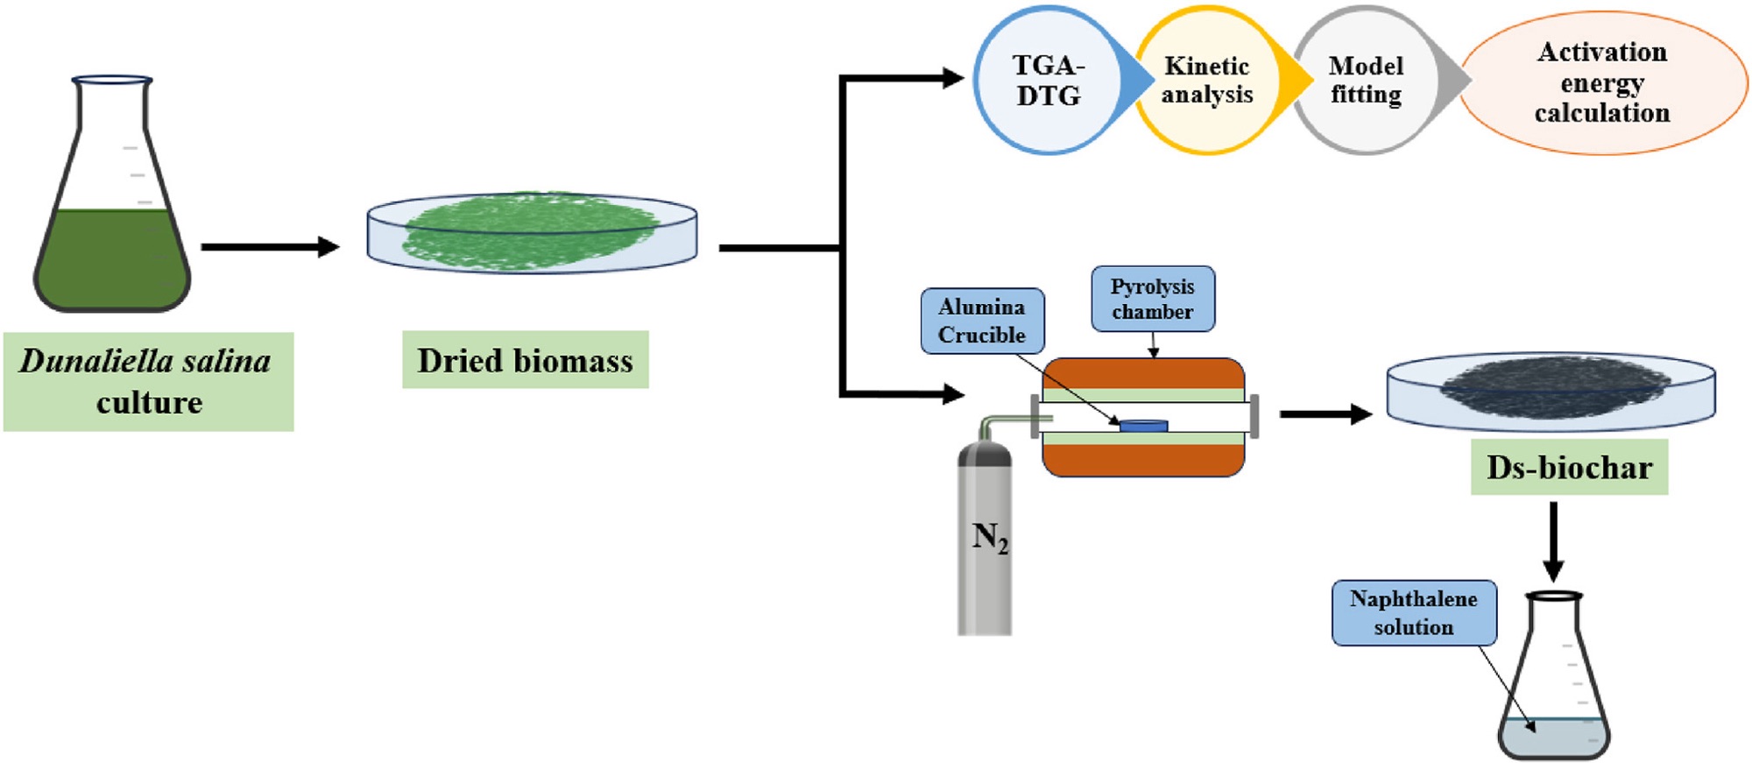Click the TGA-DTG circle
click(x=1048, y=81)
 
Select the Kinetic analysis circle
click(x=1206, y=81)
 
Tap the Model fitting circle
click(x=1365, y=81)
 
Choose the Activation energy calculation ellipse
click(x=1602, y=83)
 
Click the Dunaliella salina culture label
click(x=148, y=381)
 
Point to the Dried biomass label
click(x=525, y=360)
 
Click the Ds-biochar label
click(x=1569, y=468)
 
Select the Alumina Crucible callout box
click(x=982, y=321)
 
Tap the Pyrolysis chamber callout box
click(x=1153, y=299)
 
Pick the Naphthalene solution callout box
click(x=1413, y=612)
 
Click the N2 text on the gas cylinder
click(x=990, y=537)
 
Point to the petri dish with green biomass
click(x=532, y=232)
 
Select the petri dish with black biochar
click(x=1551, y=390)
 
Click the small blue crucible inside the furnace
click(x=1143, y=426)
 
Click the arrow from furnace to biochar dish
click(x=1325, y=413)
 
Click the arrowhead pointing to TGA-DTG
click(x=952, y=78)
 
